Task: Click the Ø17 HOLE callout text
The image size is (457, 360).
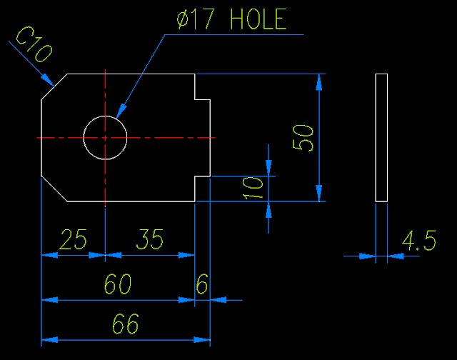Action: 232,20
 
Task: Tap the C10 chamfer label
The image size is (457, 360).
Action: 34,44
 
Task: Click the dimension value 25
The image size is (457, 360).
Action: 74,239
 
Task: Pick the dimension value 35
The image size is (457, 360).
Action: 149,239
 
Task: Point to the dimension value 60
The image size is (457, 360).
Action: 118,285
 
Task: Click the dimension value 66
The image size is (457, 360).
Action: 126,324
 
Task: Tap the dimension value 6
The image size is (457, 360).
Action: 202,285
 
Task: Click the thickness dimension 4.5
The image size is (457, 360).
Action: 419,241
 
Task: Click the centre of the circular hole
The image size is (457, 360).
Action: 105,136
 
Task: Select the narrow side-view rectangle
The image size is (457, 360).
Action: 381,137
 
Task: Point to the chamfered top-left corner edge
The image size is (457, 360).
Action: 54,86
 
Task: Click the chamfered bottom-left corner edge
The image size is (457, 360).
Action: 54,188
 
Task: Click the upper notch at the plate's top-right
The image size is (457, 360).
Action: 203,87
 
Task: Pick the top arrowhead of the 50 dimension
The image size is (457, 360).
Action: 319,81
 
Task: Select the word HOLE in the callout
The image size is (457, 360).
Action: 258,20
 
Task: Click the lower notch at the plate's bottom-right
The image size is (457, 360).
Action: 203,187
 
